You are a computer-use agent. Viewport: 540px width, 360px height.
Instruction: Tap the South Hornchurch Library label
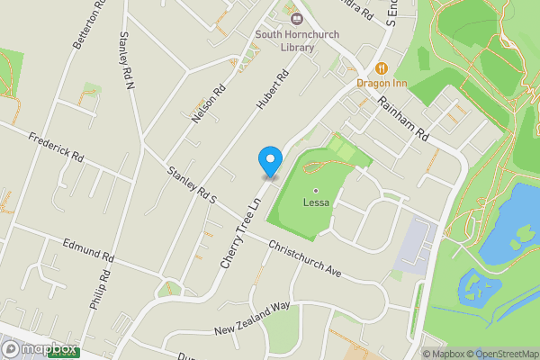pyautogui.click(x=283, y=40)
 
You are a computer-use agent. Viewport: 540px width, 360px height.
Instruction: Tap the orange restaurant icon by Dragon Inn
pyautogui.click(x=381, y=67)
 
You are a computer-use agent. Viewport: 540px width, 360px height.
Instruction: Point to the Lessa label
pyautogui.click(x=316, y=202)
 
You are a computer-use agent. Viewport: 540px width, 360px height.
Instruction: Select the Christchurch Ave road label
pyautogui.click(x=306, y=258)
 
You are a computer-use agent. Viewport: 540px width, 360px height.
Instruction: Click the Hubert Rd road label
pyautogui.click(x=271, y=90)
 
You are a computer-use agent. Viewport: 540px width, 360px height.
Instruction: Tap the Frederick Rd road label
pyautogui.click(x=56, y=146)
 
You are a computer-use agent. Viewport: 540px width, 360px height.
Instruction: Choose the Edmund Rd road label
pyautogui.click(x=87, y=250)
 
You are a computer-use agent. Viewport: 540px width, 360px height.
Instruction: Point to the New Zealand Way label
pyautogui.click(x=252, y=319)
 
